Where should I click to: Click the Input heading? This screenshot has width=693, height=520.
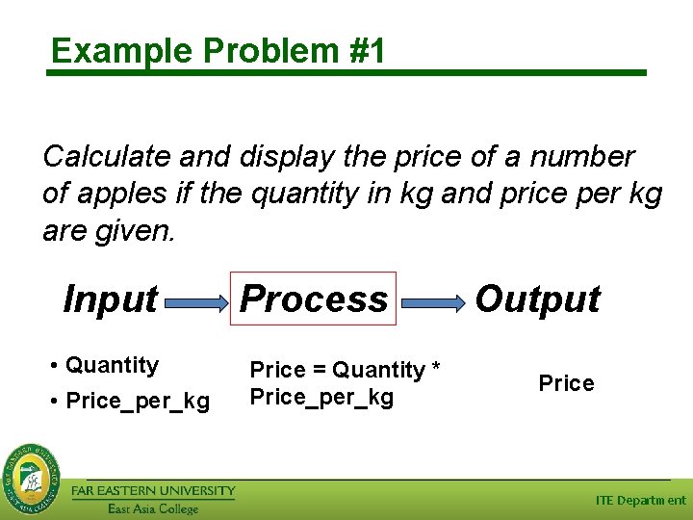pyautogui.click(x=110, y=299)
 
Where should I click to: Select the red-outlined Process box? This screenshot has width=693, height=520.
pyautogui.click(x=314, y=299)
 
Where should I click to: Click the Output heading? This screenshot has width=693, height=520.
pyautogui.click(x=537, y=299)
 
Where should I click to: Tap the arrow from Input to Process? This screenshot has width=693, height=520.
pyautogui.click(x=195, y=302)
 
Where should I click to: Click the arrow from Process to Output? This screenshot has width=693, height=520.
pyautogui.click(x=431, y=302)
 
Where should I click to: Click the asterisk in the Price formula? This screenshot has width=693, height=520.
pyautogui.click(x=435, y=371)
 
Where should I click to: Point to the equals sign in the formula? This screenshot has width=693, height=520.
pyautogui.click(x=319, y=371)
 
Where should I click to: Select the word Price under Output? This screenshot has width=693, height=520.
pyautogui.click(x=566, y=383)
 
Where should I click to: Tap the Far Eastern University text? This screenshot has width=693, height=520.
pyautogui.click(x=153, y=491)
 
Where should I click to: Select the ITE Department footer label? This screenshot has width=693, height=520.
pyautogui.click(x=640, y=500)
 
